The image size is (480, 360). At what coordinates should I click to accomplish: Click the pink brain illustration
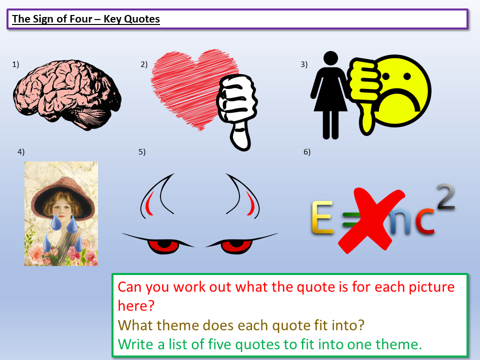66,95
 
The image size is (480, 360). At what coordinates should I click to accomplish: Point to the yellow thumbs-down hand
364,92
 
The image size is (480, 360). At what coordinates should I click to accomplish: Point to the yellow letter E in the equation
322,217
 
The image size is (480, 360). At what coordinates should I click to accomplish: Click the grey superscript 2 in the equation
445,196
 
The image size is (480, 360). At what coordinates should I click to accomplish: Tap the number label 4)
21,152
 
